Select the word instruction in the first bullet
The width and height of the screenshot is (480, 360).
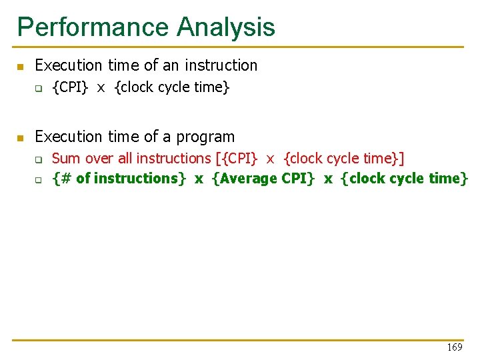click(221, 65)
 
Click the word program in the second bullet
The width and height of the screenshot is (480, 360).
click(207, 137)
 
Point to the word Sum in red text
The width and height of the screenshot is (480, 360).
click(64, 159)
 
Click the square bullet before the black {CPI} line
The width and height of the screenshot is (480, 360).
click(39, 88)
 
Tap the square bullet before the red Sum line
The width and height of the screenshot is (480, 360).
click(39, 160)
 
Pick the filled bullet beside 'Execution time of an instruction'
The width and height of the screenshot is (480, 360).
click(20, 67)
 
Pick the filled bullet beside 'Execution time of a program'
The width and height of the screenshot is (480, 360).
click(20, 138)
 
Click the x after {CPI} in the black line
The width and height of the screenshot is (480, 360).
click(101, 87)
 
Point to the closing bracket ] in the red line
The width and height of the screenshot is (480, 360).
click(401, 159)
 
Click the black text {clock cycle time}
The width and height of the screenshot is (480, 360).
click(172, 87)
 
